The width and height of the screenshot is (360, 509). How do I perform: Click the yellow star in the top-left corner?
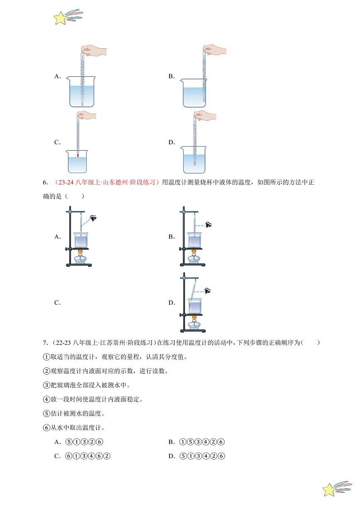click(x=60, y=18)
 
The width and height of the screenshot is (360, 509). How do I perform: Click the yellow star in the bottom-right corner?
click(x=329, y=489)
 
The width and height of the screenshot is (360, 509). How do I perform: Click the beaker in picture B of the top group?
click(x=194, y=93)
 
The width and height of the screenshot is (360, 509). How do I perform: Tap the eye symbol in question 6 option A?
click(x=93, y=219)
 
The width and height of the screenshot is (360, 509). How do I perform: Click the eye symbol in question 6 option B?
click(x=208, y=224)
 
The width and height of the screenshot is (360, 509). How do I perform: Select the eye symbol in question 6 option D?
click(x=208, y=291)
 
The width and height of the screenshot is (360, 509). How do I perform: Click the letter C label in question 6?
click(x=58, y=303)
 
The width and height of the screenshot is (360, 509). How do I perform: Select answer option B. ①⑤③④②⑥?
click(x=197, y=442)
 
